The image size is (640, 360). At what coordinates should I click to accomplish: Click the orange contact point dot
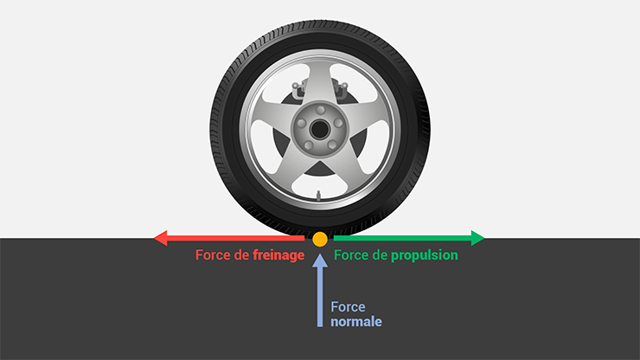click(x=320, y=239)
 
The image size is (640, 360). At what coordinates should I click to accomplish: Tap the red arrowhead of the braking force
click(x=160, y=238)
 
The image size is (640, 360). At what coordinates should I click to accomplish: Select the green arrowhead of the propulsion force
click(x=477, y=238)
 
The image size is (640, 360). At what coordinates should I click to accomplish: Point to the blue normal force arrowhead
click(x=320, y=260)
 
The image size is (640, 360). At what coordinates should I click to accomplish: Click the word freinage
click(x=278, y=255)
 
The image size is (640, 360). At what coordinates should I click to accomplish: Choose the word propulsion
click(x=425, y=255)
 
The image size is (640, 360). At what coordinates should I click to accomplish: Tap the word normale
click(x=356, y=322)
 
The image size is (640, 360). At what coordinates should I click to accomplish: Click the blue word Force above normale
click(x=349, y=307)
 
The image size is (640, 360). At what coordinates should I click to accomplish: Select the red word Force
click(x=213, y=255)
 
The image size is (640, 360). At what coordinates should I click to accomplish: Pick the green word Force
click(x=351, y=255)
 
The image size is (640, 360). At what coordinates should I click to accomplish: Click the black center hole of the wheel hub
click(x=320, y=130)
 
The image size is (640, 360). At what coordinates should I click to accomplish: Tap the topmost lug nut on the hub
click(x=320, y=110)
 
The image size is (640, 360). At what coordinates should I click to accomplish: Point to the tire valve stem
click(x=318, y=196)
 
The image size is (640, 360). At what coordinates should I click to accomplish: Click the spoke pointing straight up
click(x=320, y=81)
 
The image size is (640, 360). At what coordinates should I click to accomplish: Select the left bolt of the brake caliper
click(x=295, y=87)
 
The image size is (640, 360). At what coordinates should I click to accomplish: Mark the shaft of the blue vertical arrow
click(x=320, y=297)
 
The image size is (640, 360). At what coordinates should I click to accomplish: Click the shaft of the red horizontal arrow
click(x=235, y=238)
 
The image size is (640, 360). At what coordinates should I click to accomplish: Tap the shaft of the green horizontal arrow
click(x=402, y=238)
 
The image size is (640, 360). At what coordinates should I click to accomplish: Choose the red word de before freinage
click(x=241, y=255)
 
